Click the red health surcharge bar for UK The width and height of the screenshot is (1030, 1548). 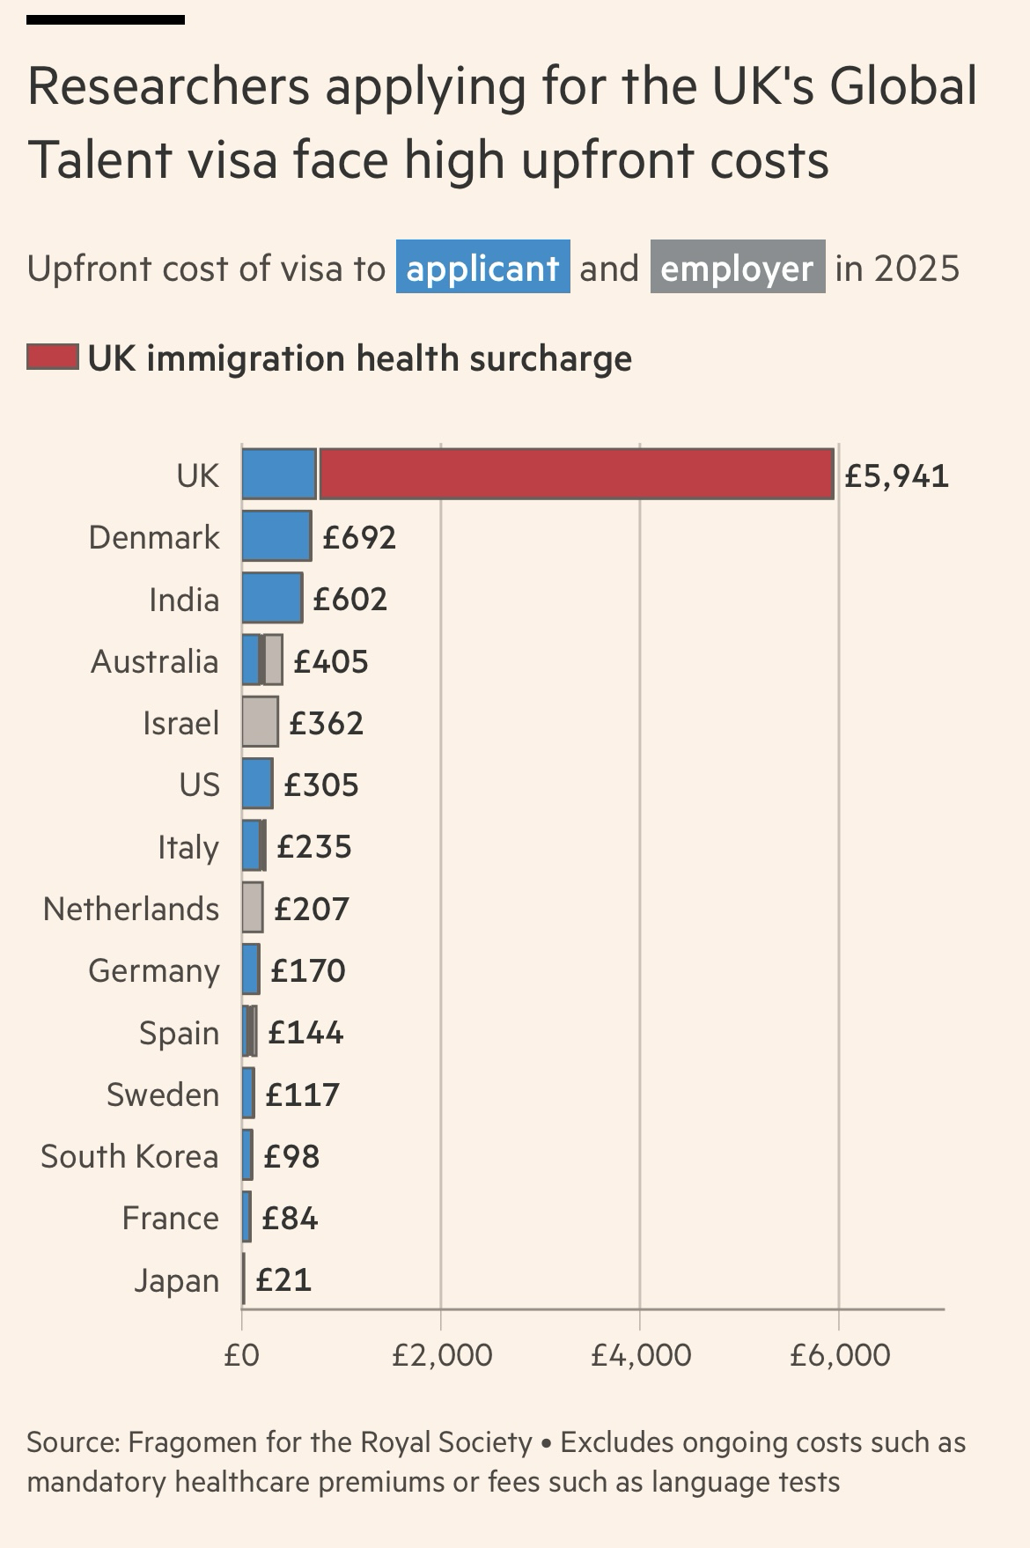(576, 474)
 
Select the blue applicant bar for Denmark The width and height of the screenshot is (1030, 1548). (276, 535)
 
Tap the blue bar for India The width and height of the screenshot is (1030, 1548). (272, 598)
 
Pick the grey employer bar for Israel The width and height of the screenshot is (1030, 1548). (261, 722)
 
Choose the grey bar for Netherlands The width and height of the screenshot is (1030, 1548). (253, 908)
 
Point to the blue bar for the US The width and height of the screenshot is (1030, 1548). (257, 784)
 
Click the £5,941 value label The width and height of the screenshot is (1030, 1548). (896, 475)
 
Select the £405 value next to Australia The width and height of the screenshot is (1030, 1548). (330, 661)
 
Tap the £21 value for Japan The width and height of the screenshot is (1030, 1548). (283, 1279)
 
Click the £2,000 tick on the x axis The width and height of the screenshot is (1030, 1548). (442, 1355)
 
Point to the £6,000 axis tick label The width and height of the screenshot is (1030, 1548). (840, 1355)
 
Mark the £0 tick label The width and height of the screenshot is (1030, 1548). (241, 1355)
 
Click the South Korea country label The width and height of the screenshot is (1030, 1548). (129, 1156)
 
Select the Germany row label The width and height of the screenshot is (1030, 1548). (154, 970)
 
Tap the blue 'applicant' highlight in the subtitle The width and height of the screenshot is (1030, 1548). (482, 268)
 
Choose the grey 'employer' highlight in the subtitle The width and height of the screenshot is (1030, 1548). (737, 268)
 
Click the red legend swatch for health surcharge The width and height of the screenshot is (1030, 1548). (53, 358)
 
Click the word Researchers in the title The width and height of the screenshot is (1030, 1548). (168, 86)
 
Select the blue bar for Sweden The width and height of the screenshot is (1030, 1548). (248, 1093)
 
